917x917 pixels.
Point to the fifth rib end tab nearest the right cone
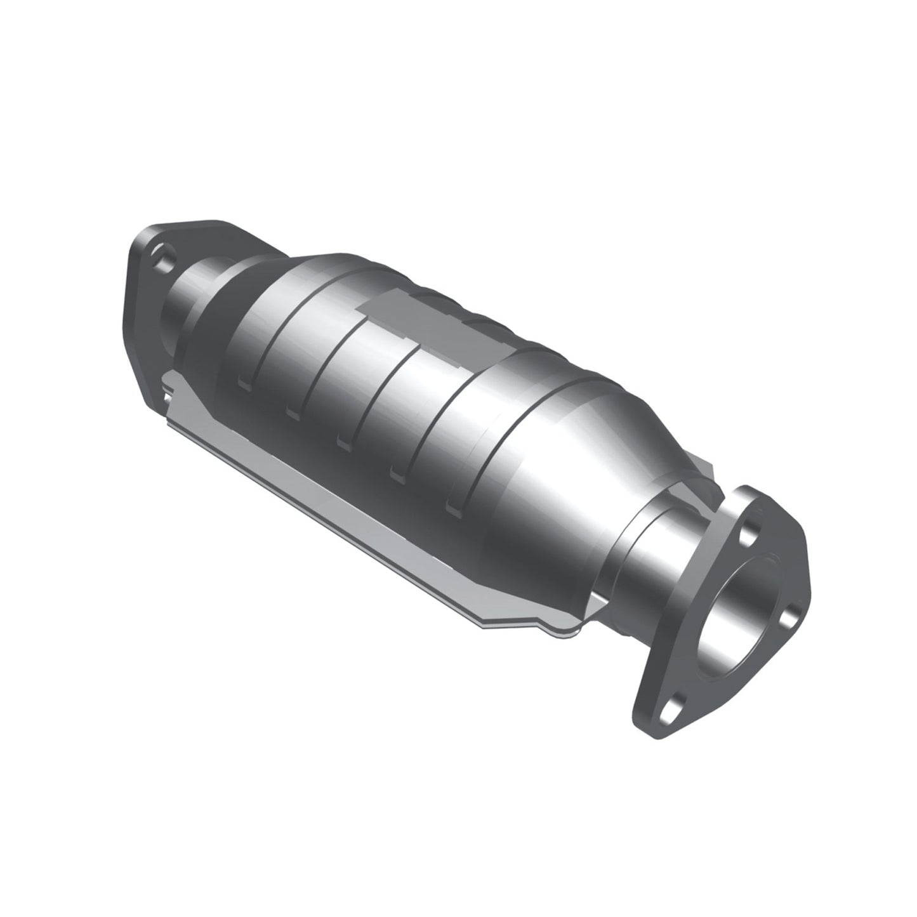[x=454, y=505]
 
